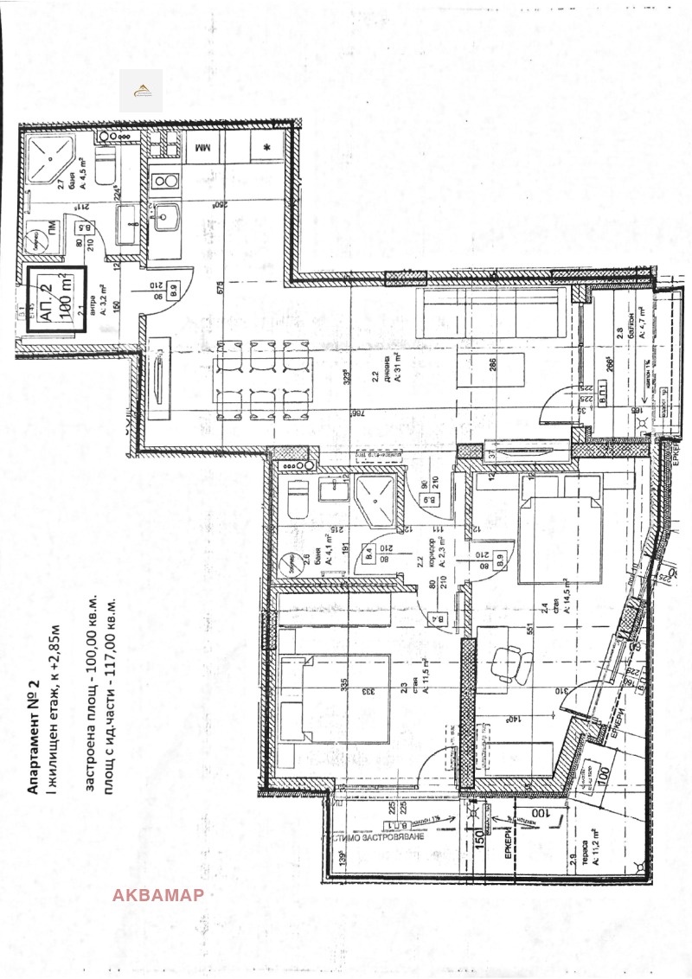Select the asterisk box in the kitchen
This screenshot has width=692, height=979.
267,148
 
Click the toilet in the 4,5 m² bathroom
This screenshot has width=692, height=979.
105,166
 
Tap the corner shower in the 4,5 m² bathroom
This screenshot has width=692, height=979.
50,158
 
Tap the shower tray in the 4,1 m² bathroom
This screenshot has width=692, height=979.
376,502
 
